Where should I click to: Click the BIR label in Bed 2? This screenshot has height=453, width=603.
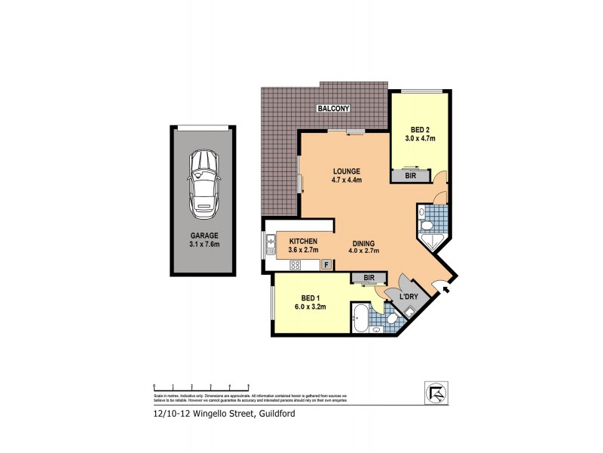point(410,175)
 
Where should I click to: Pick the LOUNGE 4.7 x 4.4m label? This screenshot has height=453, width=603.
point(347,175)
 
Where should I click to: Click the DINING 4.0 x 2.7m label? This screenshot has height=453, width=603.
point(370,245)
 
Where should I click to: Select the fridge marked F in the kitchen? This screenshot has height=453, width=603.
point(326,264)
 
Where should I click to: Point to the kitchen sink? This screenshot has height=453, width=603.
point(270,242)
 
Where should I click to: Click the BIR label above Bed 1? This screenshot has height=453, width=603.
point(369,278)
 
